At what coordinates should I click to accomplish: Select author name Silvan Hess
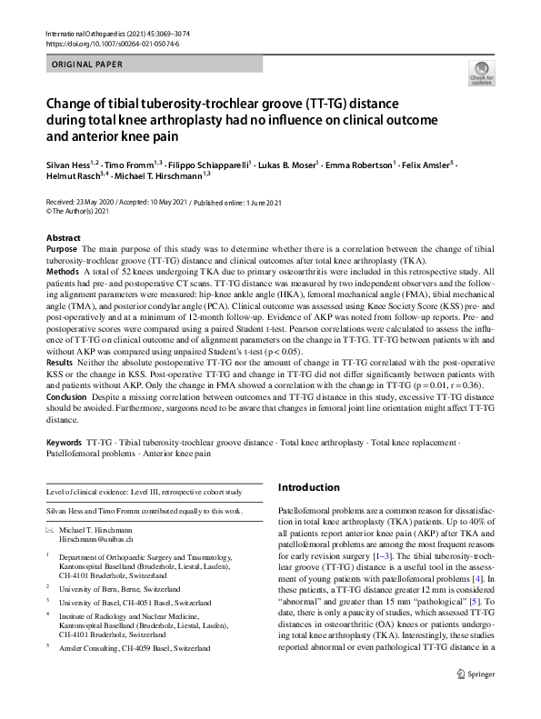70,165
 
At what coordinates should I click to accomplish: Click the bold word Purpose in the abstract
61,248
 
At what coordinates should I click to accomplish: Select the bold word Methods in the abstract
62,271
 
